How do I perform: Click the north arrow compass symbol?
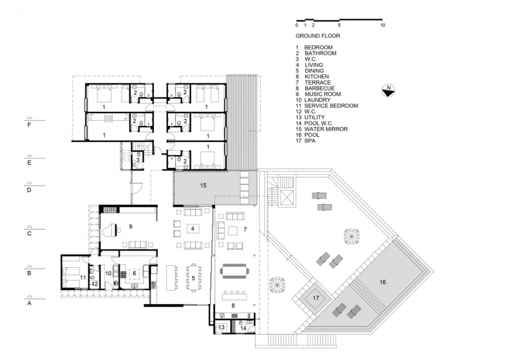pyautogui.click(x=388, y=90)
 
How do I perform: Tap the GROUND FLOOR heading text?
pyautogui.click(x=317, y=36)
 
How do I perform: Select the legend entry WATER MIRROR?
pyautogui.click(x=326, y=129)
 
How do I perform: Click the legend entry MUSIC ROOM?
pyautogui.click(x=323, y=94)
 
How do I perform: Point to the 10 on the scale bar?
pyautogui.click(x=382, y=25)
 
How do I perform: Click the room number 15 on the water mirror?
pyautogui.click(x=203, y=185)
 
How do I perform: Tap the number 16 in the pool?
pyautogui.click(x=383, y=282)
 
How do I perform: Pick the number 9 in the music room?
pyautogui.click(x=130, y=226)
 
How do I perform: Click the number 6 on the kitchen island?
pyautogui.click(x=134, y=273)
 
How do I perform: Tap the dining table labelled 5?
pyautogui.click(x=193, y=278)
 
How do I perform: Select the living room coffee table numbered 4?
pyautogui.click(x=193, y=228)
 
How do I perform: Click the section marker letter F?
pyautogui.click(x=29, y=124)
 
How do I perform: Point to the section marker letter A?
pyautogui.click(x=29, y=303)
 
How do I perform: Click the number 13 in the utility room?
pyautogui.click(x=221, y=327)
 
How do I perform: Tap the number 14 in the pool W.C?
pyautogui.click(x=243, y=328)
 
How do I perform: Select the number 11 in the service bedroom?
pyautogui.click(x=83, y=277)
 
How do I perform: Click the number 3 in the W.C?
pyautogui.click(x=138, y=160)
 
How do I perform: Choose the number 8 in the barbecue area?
pyautogui.click(x=233, y=305)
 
